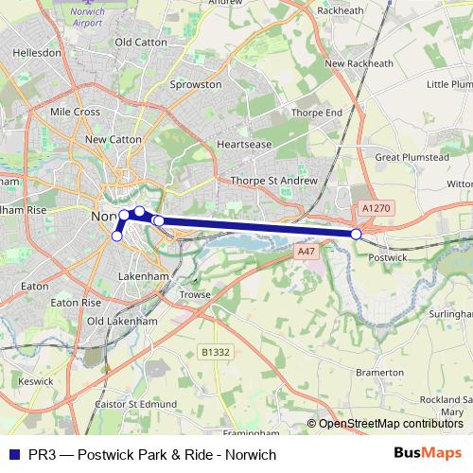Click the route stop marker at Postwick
(x=356, y=234)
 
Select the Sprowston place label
(x=195, y=84)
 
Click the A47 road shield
(x=305, y=252)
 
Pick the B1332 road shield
(x=215, y=352)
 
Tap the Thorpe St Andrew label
(x=271, y=180)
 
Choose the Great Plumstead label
(x=412, y=156)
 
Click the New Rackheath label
(x=359, y=63)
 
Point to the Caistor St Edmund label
(x=137, y=404)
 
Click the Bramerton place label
(x=379, y=373)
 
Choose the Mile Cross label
(x=75, y=112)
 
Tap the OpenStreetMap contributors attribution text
(x=391, y=424)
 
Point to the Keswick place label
(x=35, y=382)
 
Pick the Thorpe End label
(x=316, y=112)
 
